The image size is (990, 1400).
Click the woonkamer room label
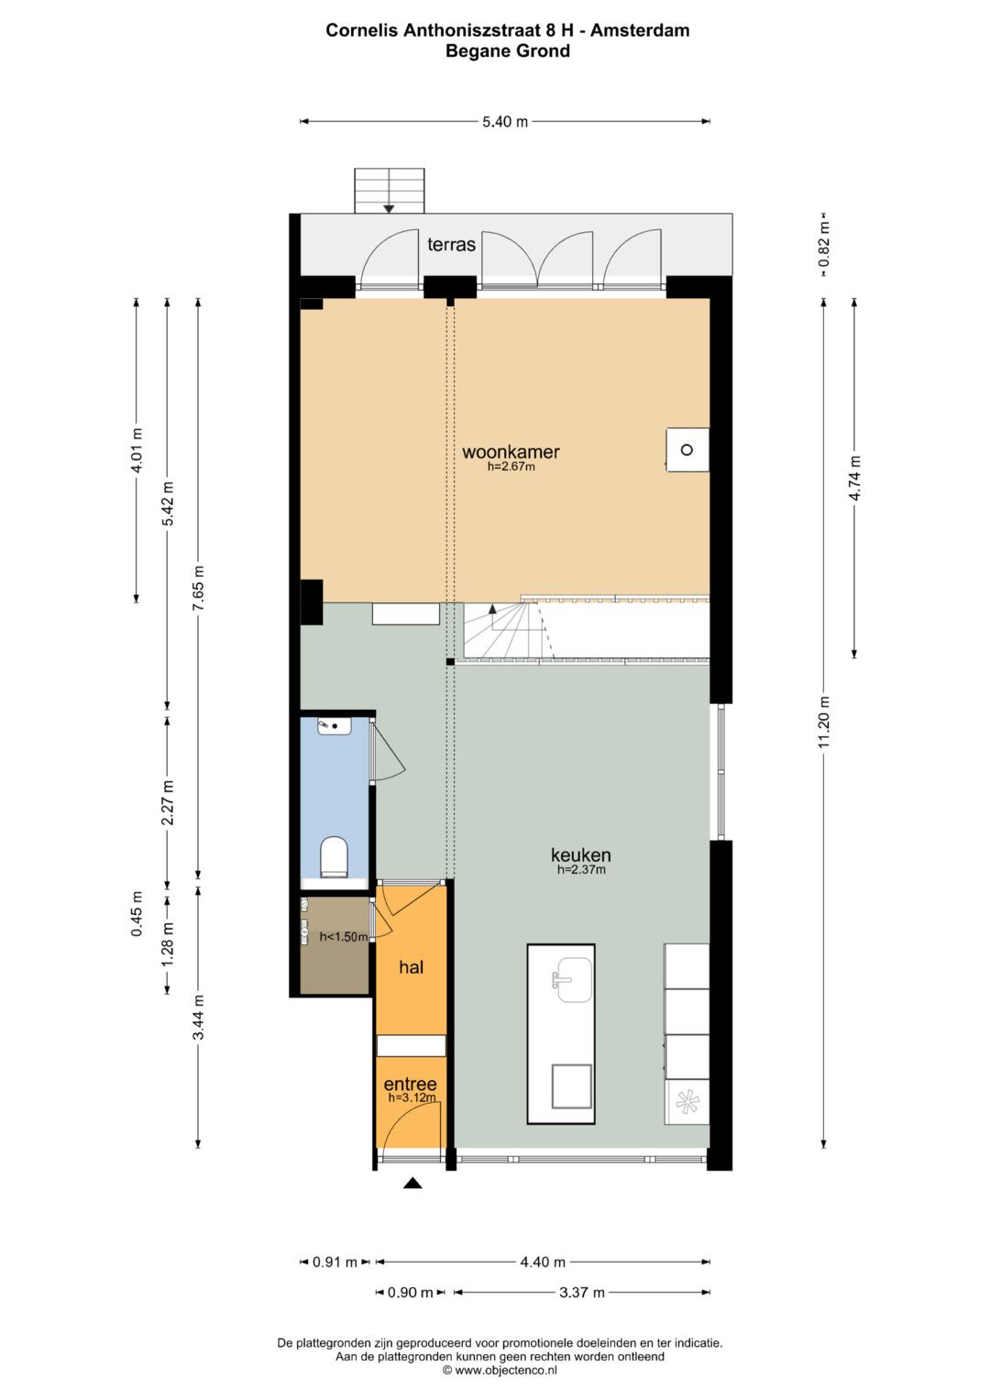pos(511,451)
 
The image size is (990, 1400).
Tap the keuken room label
pos(580,854)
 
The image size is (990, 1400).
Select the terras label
pos(451,245)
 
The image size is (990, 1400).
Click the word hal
pos(412,967)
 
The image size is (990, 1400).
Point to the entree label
pos(410,1084)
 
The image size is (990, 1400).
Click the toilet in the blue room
pos(334,857)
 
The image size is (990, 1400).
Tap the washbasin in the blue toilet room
pos(335,726)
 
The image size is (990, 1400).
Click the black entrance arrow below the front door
pos(412,1183)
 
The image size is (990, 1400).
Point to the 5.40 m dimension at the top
pos(505,122)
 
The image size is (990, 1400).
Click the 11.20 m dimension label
pos(824,722)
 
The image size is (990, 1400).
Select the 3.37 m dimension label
pos(582,1293)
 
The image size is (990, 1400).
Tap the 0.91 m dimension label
pos(335,1262)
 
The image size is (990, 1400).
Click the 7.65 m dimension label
pos(198,588)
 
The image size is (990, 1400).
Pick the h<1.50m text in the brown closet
pos(343,936)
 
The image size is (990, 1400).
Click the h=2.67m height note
pos(511,467)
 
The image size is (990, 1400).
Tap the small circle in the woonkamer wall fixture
pos(687,449)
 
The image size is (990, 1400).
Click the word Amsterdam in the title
pos(640,30)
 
